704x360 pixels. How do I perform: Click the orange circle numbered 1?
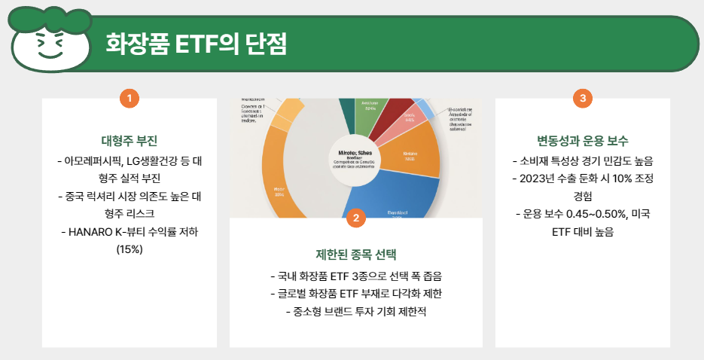(x=130, y=98)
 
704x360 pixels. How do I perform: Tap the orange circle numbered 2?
(x=355, y=218)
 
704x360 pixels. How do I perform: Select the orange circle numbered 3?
(x=582, y=98)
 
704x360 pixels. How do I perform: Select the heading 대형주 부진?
(x=129, y=141)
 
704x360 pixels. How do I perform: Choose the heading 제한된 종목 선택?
(x=355, y=254)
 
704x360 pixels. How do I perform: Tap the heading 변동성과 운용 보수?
(x=582, y=141)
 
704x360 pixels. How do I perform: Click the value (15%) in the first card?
(x=130, y=249)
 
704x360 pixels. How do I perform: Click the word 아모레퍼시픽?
(x=93, y=160)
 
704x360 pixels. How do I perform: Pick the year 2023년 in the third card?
(x=536, y=178)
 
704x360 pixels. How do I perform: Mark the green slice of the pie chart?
(x=370, y=110)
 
